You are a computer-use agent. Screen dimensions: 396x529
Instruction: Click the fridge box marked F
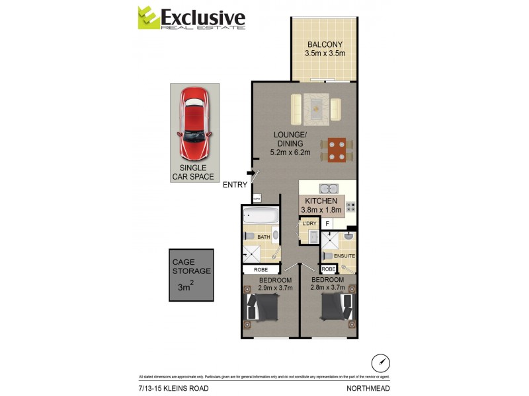tap(327, 224)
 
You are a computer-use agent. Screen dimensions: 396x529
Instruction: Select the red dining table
tap(337, 149)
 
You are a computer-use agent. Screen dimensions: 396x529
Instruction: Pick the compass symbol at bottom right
tap(380, 362)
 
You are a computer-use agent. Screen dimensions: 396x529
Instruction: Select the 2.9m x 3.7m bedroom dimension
tap(266, 288)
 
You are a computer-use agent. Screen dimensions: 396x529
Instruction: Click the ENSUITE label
tap(345, 256)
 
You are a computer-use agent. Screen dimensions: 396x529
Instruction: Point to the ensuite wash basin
tap(348, 236)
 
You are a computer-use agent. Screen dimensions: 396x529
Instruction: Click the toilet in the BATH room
tap(249, 236)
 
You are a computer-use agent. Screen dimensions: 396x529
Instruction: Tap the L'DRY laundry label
tap(309, 224)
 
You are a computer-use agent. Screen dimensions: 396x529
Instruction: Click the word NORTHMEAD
tap(368, 388)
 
